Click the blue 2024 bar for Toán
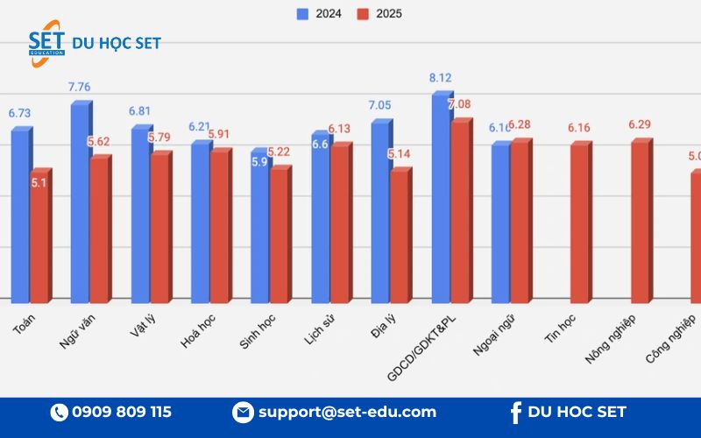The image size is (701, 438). click(x=20, y=215)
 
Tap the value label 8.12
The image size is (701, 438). click(x=440, y=78)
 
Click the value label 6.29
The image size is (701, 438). click(x=640, y=124)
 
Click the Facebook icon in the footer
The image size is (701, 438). click(x=514, y=412)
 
